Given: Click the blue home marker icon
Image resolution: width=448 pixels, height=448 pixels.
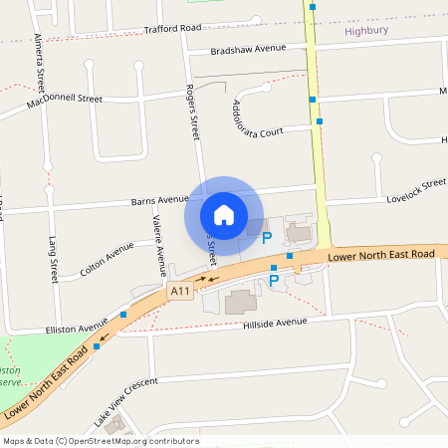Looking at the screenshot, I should point(224,214).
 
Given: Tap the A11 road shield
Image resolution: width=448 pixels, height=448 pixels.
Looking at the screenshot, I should point(179,291).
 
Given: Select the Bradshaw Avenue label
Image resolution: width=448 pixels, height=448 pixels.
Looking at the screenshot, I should point(248,50).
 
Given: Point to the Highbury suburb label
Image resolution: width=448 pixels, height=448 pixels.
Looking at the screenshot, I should point(365,31).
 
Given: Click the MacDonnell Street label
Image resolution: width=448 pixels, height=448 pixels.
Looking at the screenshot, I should point(65,101).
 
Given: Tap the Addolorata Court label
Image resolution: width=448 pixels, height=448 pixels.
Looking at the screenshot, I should point(258,118).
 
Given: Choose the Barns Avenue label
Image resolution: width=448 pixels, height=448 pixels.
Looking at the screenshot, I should point(159,199).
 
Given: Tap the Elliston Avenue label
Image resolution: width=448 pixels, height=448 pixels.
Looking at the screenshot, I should point(76,326).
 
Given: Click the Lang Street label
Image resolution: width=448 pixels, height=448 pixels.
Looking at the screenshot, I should point(54,257).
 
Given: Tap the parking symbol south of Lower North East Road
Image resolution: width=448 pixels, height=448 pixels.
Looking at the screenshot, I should point(275,282).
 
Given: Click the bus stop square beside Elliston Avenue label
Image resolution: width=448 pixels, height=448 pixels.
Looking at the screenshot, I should point(123,315).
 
